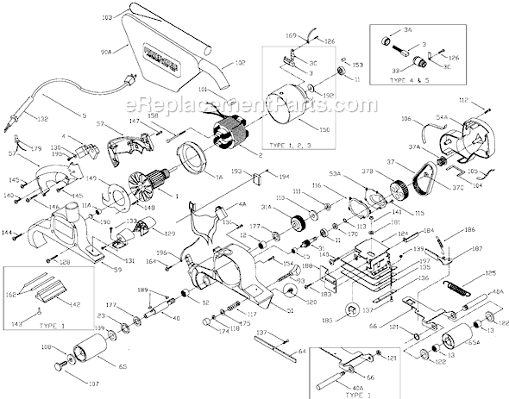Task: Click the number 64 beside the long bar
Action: click(303, 351)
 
